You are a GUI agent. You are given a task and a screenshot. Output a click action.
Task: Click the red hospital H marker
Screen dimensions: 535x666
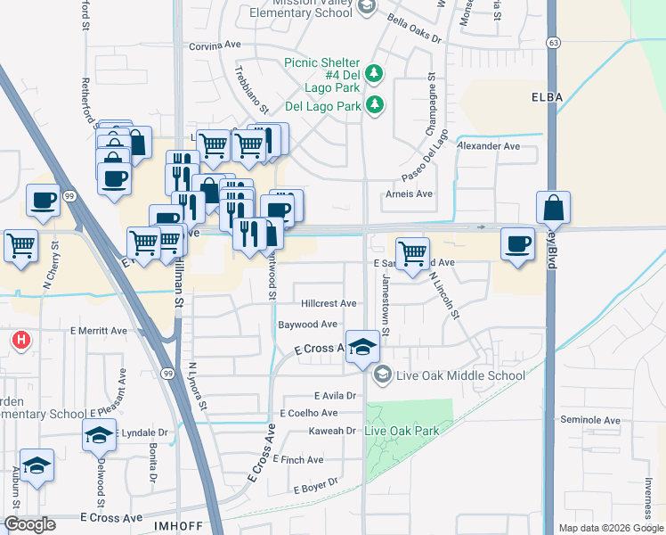20,340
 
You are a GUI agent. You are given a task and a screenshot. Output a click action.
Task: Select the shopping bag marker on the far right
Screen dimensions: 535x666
553,208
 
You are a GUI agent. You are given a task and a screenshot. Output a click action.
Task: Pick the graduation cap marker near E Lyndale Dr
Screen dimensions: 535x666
99,435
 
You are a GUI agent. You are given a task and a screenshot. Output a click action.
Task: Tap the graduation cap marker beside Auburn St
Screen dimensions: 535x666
37,465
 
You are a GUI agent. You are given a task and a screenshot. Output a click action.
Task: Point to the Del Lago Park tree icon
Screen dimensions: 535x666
376,105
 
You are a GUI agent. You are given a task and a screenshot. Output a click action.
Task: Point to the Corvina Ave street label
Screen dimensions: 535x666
215,45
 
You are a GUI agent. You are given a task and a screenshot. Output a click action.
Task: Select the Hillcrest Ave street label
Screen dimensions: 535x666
329,304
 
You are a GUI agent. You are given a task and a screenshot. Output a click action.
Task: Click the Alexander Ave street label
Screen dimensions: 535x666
487,145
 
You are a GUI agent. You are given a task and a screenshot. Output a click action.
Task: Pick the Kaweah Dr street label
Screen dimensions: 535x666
335,431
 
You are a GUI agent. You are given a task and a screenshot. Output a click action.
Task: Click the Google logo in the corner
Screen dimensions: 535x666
29,524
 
